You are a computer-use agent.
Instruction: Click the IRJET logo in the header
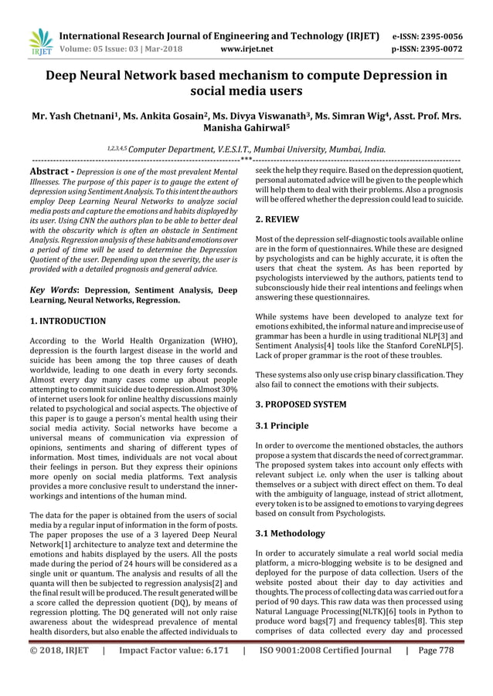pyautogui.click(x=39, y=42)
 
